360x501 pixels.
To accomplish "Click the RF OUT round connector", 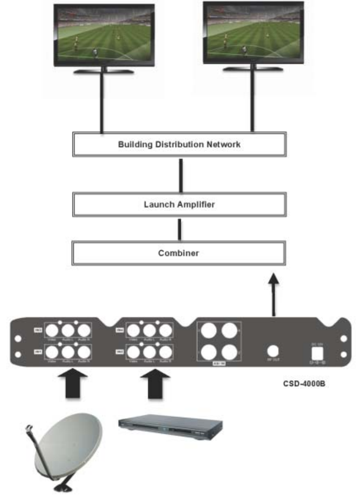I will tap(273, 351).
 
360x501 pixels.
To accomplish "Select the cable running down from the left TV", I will tap(102, 103).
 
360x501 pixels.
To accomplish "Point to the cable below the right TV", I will tap(253, 101).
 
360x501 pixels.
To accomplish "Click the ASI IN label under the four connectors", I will tap(218, 363).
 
